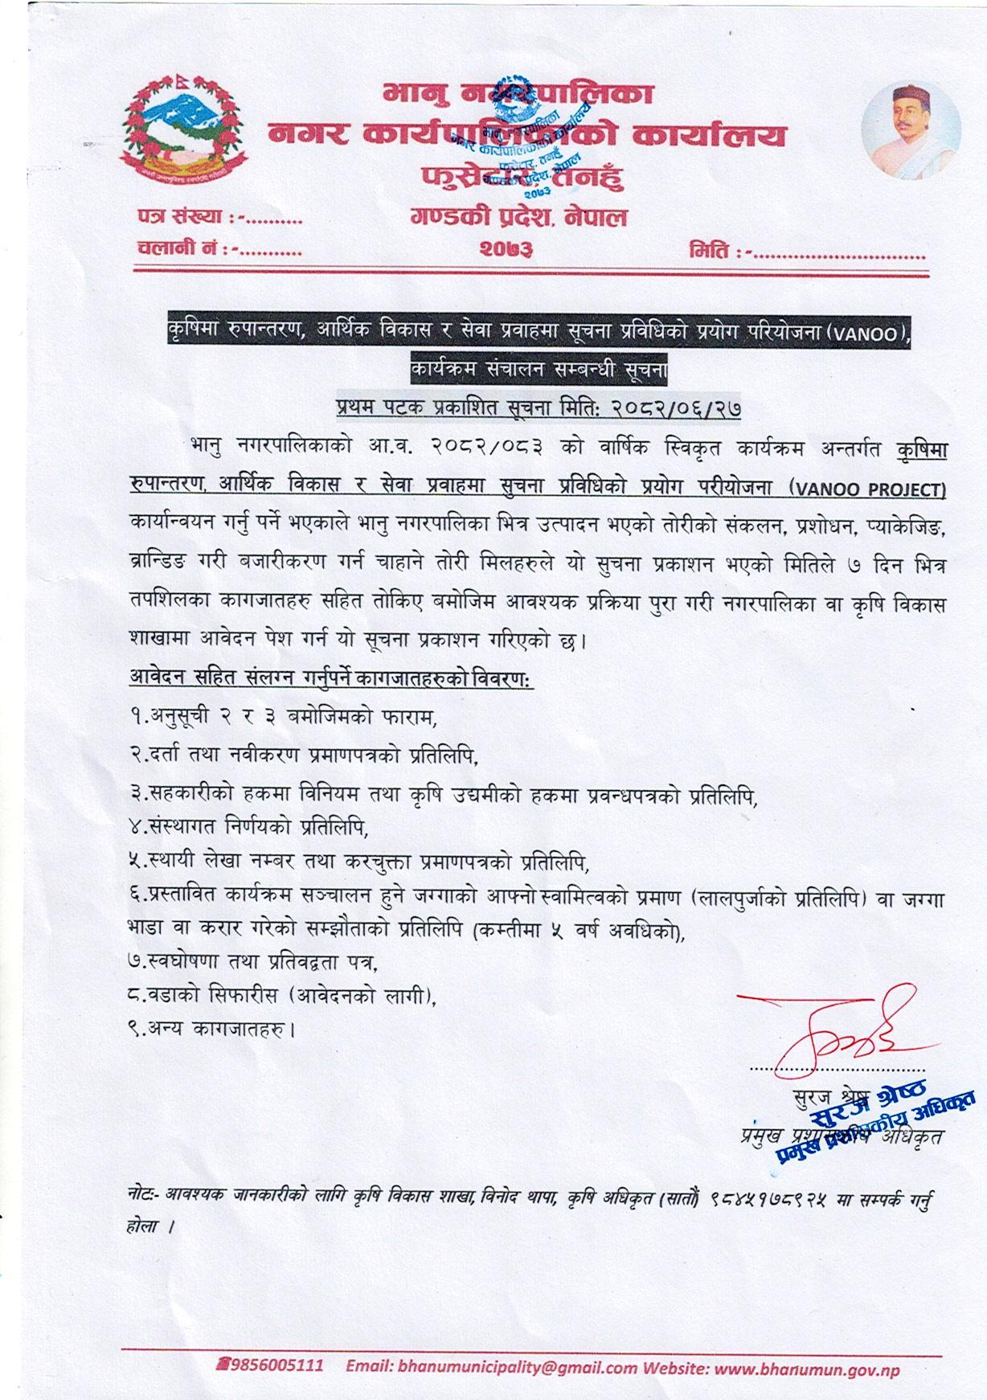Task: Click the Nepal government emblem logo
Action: click(180, 133)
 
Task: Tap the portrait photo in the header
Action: click(910, 130)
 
